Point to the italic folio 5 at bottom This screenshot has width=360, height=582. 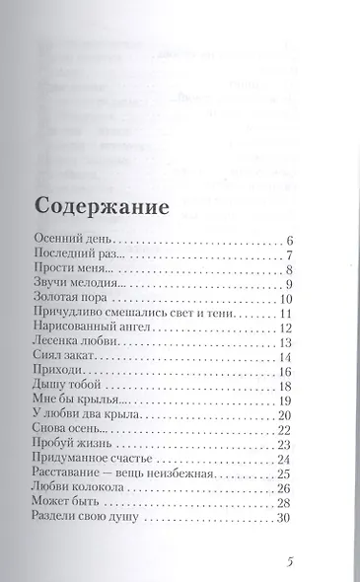click(290, 564)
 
